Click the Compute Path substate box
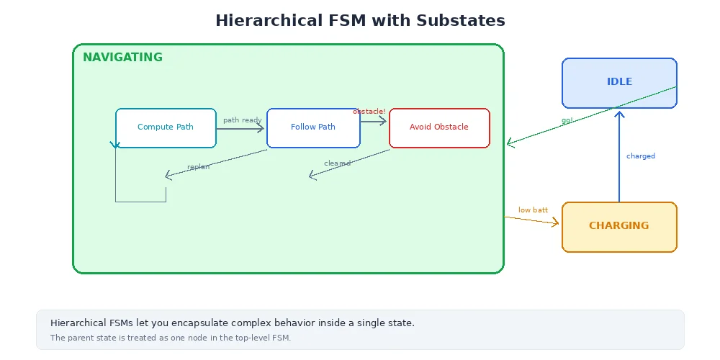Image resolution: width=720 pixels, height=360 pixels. click(x=166, y=127)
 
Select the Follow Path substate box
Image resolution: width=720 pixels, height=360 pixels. click(x=313, y=127)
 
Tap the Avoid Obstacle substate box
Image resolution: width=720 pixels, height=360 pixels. click(x=439, y=127)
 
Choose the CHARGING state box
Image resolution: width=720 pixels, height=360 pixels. click(x=619, y=226)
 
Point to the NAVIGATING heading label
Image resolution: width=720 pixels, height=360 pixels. click(x=122, y=58)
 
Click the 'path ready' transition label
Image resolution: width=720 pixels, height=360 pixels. click(x=242, y=120)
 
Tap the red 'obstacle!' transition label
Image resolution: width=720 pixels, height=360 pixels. click(x=369, y=112)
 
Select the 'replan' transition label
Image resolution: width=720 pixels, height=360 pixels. click(x=198, y=167)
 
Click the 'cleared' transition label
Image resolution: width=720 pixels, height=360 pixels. click(x=337, y=163)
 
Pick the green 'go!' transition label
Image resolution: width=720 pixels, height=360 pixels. click(x=567, y=120)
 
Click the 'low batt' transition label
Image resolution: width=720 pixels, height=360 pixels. click(x=533, y=210)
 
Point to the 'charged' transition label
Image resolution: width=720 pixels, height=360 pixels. click(x=641, y=156)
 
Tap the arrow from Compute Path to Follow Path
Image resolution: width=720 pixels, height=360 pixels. click(x=241, y=128)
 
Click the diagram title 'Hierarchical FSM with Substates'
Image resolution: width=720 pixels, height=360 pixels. click(x=360, y=20)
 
